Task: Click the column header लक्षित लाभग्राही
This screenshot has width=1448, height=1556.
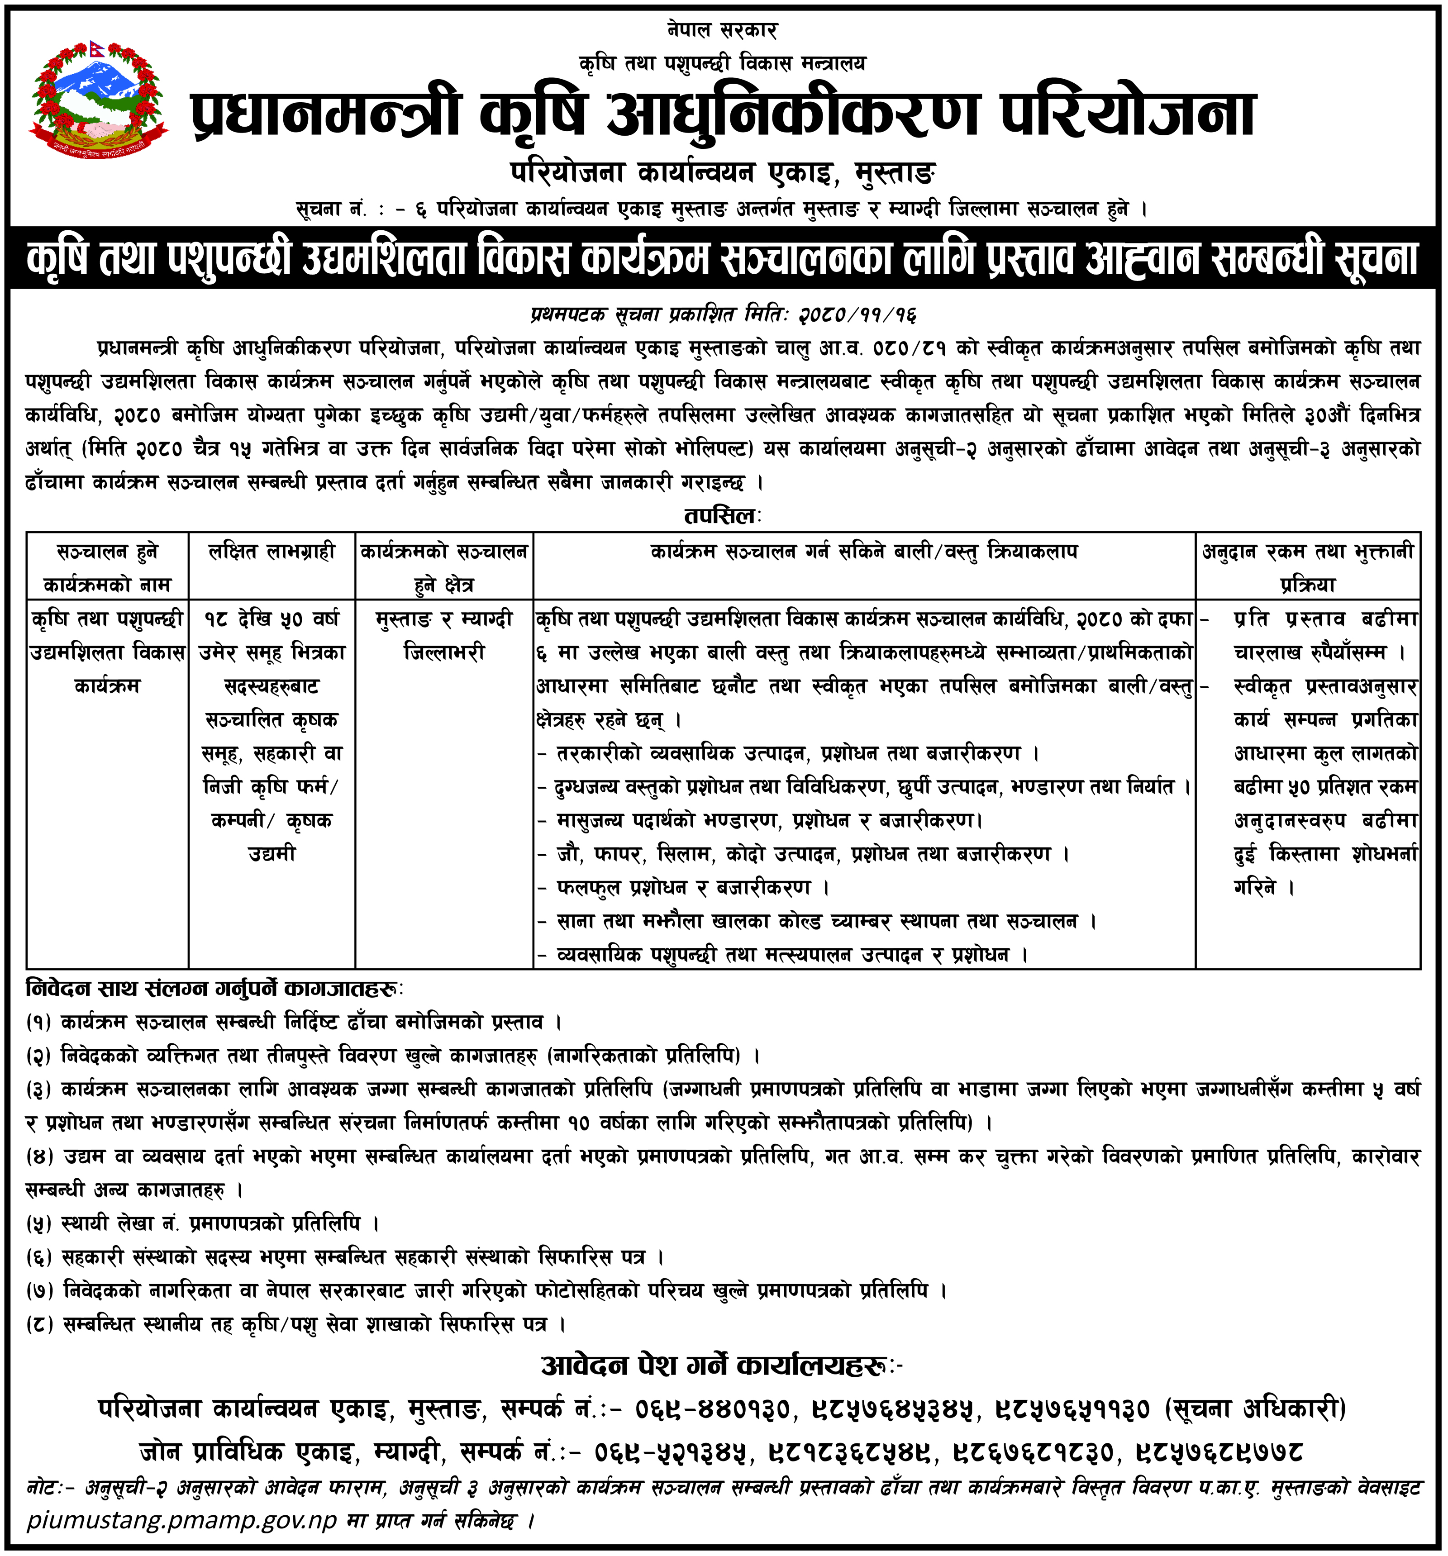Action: (x=271, y=552)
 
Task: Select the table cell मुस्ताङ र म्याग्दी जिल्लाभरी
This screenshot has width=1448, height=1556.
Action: (x=444, y=636)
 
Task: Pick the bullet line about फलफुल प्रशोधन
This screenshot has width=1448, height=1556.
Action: (x=689, y=888)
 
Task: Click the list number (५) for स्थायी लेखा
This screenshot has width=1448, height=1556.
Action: (x=38, y=1223)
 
